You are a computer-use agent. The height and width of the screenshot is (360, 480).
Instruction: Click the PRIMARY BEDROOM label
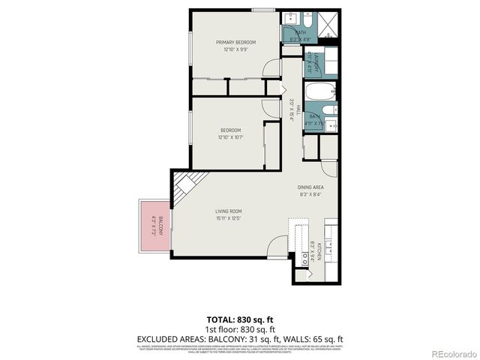pyautogui.click(x=236, y=42)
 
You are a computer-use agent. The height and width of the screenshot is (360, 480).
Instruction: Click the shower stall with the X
pyautogui.click(x=328, y=28)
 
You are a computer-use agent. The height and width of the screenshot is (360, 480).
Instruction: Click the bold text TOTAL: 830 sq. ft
pyautogui.click(x=239, y=319)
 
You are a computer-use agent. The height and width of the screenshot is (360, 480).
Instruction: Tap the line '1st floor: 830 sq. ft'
pyautogui.click(x=239, y=328)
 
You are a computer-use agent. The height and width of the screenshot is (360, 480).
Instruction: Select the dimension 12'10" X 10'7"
pyautogui.click(x=230, y=137)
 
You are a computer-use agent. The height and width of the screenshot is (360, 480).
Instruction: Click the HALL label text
pyautogui.click(x=298, y=108)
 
